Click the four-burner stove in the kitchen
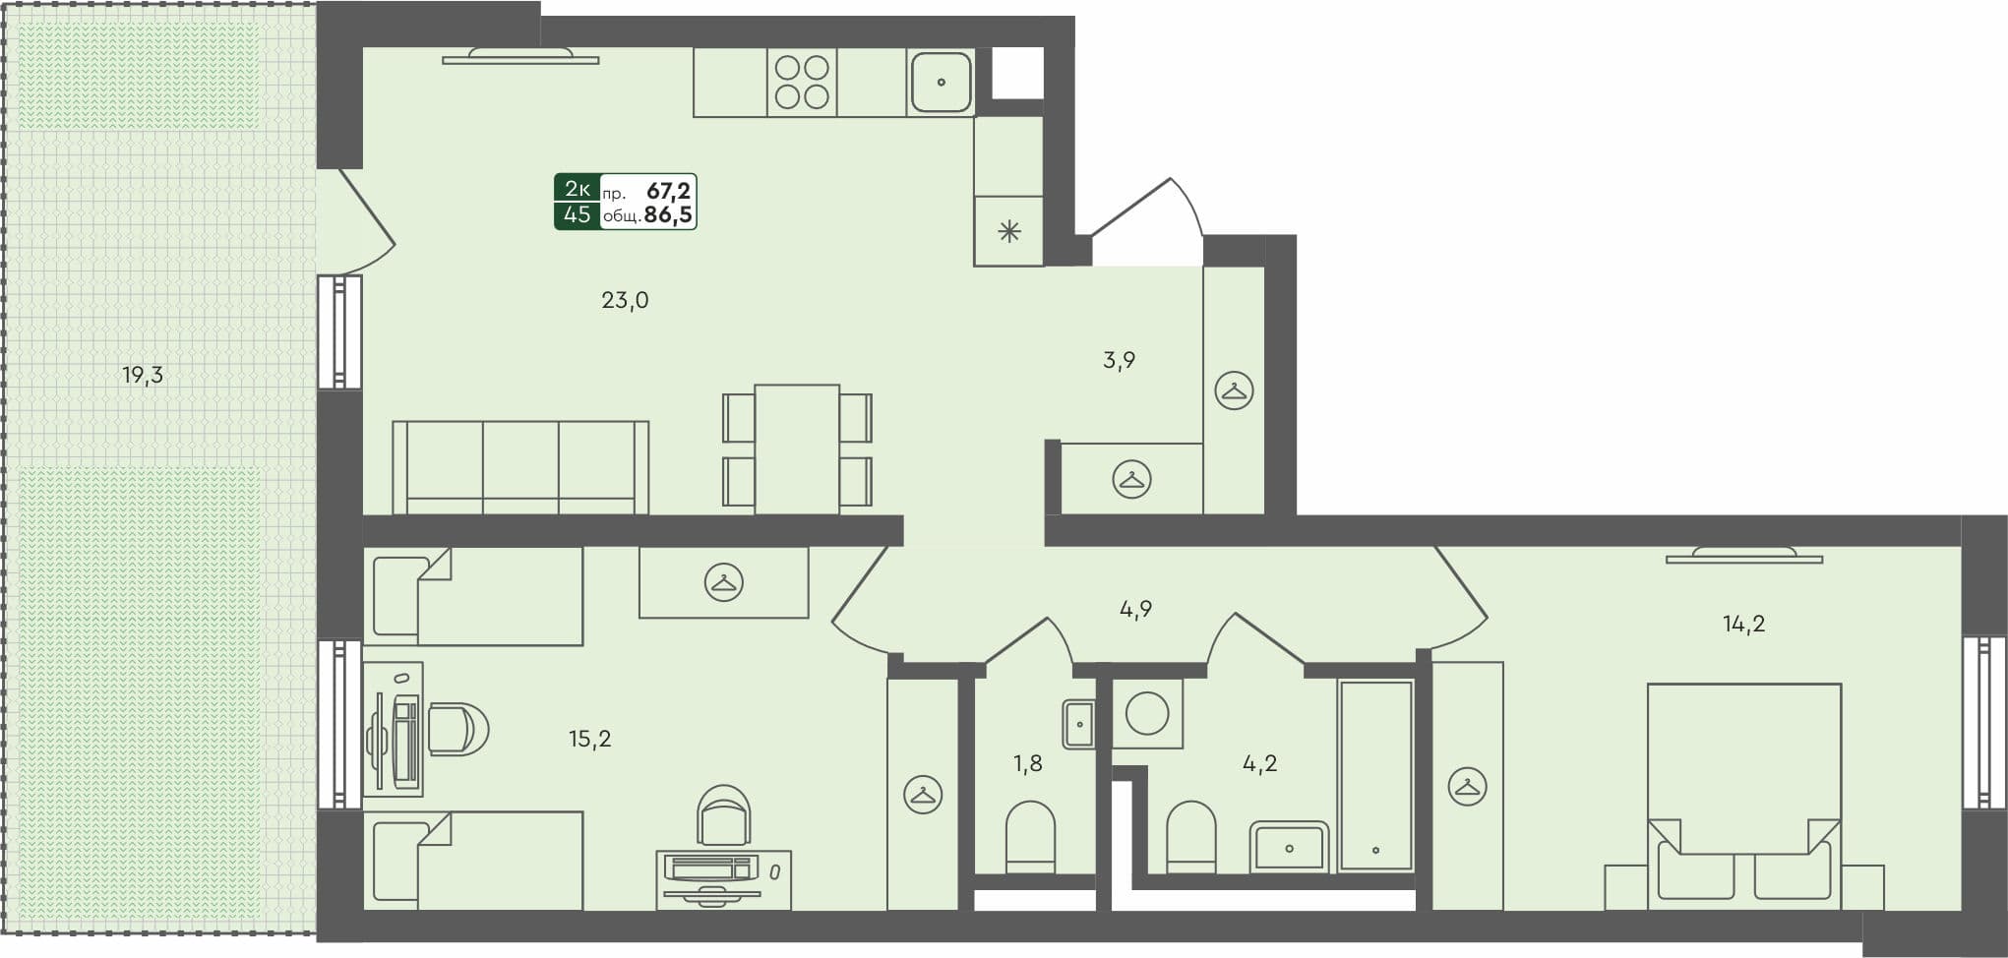(x=802, y=82)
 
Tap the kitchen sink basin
(x=941, y=82)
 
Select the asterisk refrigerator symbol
(x=1009, y=232)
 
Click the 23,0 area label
(x=625, y=301)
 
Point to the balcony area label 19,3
(x=143, y=375)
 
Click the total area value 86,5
(x=668, y=215)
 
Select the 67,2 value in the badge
(x=668, y=191)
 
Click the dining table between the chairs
(x=797, y=448)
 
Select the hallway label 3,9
(x=1119, y=361)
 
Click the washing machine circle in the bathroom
(x=1147, y=713)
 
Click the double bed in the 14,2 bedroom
(x=1743, y=787)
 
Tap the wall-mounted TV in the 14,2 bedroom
(x=1743, y=557)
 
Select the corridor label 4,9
(x=1135, y=610)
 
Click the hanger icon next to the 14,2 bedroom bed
(x=1467, y=787)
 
